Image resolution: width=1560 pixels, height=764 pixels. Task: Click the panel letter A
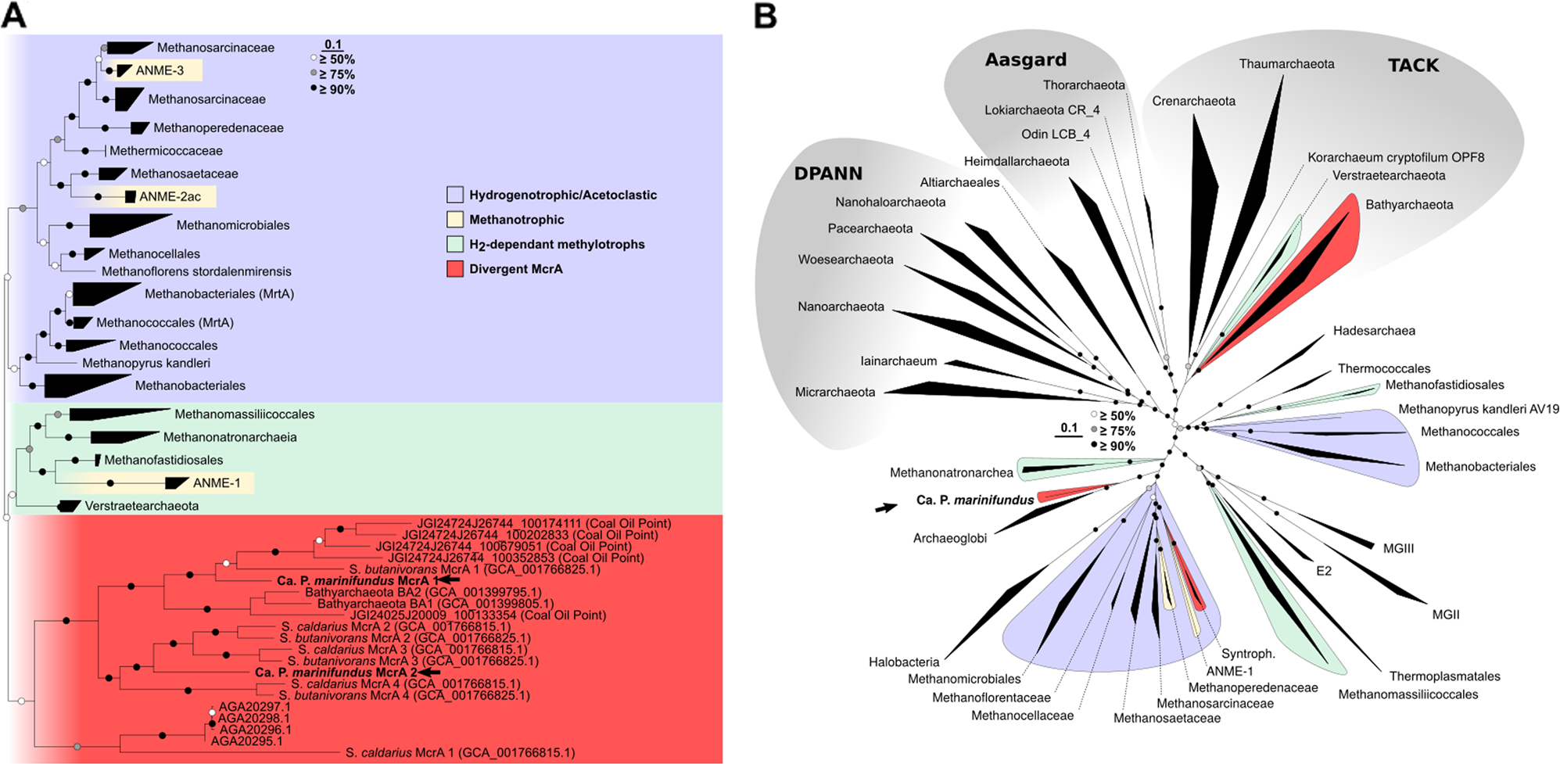click(14, 16)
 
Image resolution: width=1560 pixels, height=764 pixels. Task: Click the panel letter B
click(765, 16)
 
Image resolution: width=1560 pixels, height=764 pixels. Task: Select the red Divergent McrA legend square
click(454, 269)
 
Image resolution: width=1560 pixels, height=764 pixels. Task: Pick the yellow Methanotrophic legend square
click(454, 220)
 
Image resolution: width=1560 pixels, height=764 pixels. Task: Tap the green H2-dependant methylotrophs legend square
click(454, 244)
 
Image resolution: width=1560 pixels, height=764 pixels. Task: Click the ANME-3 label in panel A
click(160, 70)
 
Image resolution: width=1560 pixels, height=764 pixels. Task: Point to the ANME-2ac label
click(170, 197)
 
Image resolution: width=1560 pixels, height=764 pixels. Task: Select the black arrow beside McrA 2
click(429, 673)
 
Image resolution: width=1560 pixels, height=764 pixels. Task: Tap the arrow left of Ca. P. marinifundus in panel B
click(885, 508)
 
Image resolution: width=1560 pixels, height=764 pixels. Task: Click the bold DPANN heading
click(828, 174)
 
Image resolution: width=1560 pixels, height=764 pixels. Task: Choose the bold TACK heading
click(1413, 66)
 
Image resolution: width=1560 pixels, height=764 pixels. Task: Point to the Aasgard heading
click(1025, 60)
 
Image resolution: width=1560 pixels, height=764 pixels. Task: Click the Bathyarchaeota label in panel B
click(1409, 205)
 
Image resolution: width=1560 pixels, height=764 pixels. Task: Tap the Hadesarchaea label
click(1374, 331)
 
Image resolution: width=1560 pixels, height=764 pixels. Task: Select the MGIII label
click(1398, 549)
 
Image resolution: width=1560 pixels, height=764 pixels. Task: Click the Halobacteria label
click(904, 662)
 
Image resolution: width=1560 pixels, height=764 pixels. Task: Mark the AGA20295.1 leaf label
click(246, 741)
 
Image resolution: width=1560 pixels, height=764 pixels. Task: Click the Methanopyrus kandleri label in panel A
click(146, 363)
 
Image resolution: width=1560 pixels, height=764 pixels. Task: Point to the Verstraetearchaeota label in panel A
click(142, 506)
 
